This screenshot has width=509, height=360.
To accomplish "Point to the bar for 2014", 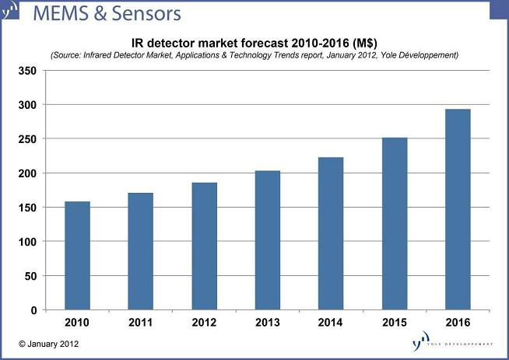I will coord(331,233).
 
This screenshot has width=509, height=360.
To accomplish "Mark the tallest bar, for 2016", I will coord(458,209).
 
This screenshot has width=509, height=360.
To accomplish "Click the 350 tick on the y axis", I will coord(28,71).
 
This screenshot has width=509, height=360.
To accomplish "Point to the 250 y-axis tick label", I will coord(28,139).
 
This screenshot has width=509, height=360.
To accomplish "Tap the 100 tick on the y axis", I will coord(28,242).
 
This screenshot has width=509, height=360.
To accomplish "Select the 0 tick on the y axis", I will coord(33,310).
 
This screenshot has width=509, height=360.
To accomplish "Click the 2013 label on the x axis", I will coord(267,323).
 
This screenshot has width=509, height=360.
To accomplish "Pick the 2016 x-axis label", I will coord(458,323).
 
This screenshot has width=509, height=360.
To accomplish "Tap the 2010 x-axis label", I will coord(77,323).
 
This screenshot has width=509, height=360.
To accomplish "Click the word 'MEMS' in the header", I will coord(59,14).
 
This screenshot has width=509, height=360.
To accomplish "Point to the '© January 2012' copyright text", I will coord(47,344).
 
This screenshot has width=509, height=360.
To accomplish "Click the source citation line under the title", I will coord(254,55).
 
